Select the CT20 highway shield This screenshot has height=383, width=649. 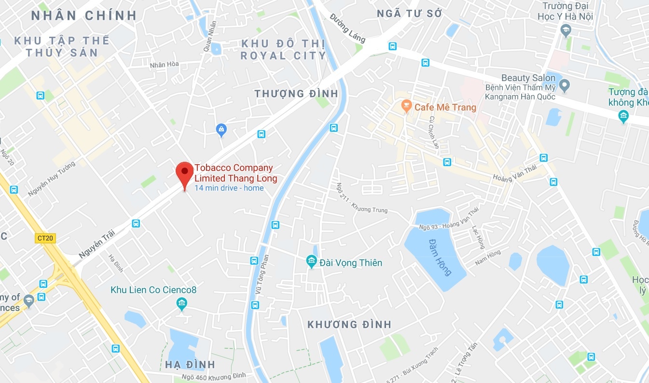coord(46,238)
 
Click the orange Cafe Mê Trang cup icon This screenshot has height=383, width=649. coord(406,105)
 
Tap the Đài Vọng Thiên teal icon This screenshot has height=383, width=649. coord(311,262)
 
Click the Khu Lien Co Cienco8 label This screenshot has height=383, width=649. coord(153,290)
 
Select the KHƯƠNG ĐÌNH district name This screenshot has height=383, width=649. coord(349,325)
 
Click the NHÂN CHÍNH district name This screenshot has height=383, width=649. coord(84,15)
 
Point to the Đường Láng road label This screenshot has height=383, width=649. coord(348,28)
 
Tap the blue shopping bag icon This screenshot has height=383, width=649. coord(221,129)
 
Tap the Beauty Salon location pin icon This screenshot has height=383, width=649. coord(564,86)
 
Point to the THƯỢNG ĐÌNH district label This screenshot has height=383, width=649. coord(296,93)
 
